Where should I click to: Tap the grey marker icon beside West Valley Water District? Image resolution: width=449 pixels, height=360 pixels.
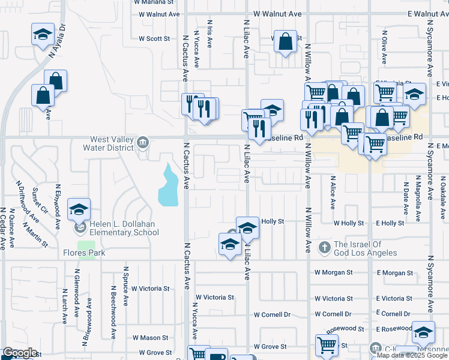pos(142,142)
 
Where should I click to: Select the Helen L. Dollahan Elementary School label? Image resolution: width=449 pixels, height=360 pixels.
pos(125,229)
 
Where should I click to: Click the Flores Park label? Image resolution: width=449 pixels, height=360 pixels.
pos(84,253)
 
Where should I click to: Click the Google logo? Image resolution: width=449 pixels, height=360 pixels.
pos(19,353)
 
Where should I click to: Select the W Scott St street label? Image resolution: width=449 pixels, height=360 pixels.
pos(154,38)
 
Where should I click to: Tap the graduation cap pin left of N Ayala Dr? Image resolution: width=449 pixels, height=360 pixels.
pos(43,34)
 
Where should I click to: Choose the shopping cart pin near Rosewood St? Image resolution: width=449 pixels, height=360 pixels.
pos(326,344)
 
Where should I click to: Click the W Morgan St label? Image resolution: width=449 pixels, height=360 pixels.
pos(334,272)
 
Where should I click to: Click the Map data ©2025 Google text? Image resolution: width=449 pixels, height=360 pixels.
pos(412,355)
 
